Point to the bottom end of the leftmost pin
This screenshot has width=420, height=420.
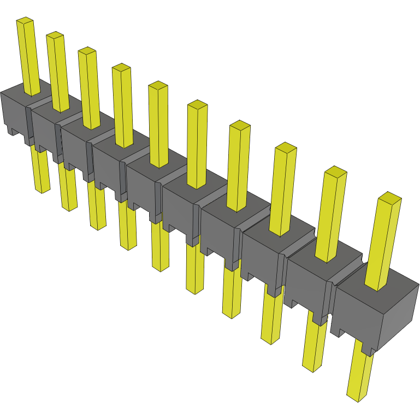[42, 190]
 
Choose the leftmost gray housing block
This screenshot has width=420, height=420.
[13, 112]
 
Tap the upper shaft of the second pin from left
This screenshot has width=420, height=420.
[59, 71]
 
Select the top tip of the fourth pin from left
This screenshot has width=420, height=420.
[121, 67]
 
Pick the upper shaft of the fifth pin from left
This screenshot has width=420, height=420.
[158, 126]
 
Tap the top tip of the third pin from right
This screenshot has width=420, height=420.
[286, 146]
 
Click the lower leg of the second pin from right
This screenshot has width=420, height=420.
[314, 344]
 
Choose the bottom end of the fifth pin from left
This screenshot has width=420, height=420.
[161, 268]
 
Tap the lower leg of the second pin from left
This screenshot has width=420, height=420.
[68, 188]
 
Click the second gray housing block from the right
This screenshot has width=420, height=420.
[306, 284]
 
